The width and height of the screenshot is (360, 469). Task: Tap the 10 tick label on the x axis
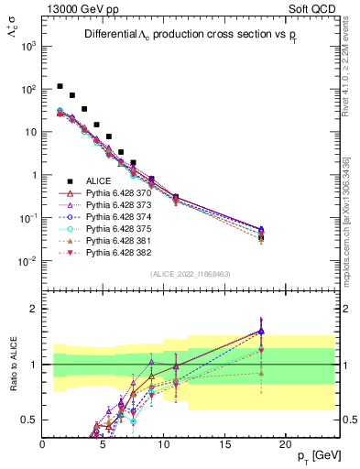click(163, 443)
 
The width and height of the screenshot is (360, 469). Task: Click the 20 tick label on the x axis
click(284, 443)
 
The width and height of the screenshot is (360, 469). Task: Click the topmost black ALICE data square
click(60, 86)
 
